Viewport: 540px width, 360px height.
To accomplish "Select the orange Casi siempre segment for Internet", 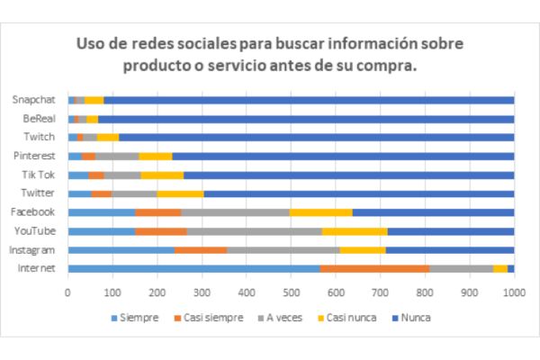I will pos(374,268).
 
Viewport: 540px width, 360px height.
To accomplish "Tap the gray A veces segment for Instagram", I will pos(433,249).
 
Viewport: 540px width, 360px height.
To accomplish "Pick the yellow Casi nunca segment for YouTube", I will pos(355,230).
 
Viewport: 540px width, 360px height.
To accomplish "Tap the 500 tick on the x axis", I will pos(291,292).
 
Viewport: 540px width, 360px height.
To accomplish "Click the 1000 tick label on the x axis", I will pos(513,292).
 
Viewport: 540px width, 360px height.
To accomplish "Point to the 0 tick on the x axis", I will pos(68,292).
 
